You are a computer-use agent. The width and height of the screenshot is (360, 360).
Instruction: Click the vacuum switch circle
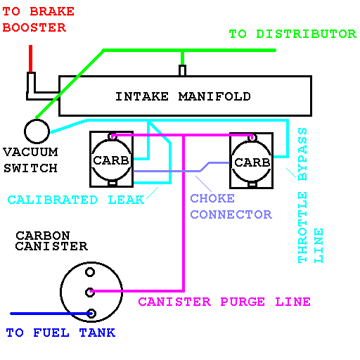pos(25,131)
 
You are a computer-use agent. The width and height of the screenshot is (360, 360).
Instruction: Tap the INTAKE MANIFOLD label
pos(183,96)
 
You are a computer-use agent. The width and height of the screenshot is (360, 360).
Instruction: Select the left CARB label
pos(111,160)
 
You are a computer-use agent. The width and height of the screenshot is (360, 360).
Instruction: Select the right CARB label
pos(252,162)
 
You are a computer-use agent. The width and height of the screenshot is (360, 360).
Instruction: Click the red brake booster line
pos(30,58)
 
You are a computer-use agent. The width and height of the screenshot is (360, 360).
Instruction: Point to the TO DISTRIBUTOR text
pos(292,34)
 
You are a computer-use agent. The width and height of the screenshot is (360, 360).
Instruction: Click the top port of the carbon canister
pos(90,272)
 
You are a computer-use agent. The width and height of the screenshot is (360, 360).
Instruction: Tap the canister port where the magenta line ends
pos(90,292)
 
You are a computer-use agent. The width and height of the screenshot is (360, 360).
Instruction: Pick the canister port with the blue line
pos(91,314)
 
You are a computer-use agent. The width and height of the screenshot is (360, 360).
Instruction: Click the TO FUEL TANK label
pos(60,333)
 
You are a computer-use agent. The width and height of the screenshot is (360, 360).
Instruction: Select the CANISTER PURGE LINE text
pos(224,302)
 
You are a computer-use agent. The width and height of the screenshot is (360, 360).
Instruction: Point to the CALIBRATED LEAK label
pos(76,200)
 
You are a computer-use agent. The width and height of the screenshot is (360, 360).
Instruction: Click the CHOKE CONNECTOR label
pos(231,207)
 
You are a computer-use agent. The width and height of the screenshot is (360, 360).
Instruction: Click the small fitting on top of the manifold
pos(182,70)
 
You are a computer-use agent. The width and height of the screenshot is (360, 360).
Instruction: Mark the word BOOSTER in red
pos(34,27)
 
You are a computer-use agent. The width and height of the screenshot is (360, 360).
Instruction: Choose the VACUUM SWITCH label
pos(30,160)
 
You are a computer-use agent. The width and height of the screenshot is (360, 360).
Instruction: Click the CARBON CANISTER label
pos(51,240)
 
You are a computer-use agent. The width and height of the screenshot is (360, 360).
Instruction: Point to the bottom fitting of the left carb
pos(112,183)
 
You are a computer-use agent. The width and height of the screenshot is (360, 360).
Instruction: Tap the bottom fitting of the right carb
pos(252,184)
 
